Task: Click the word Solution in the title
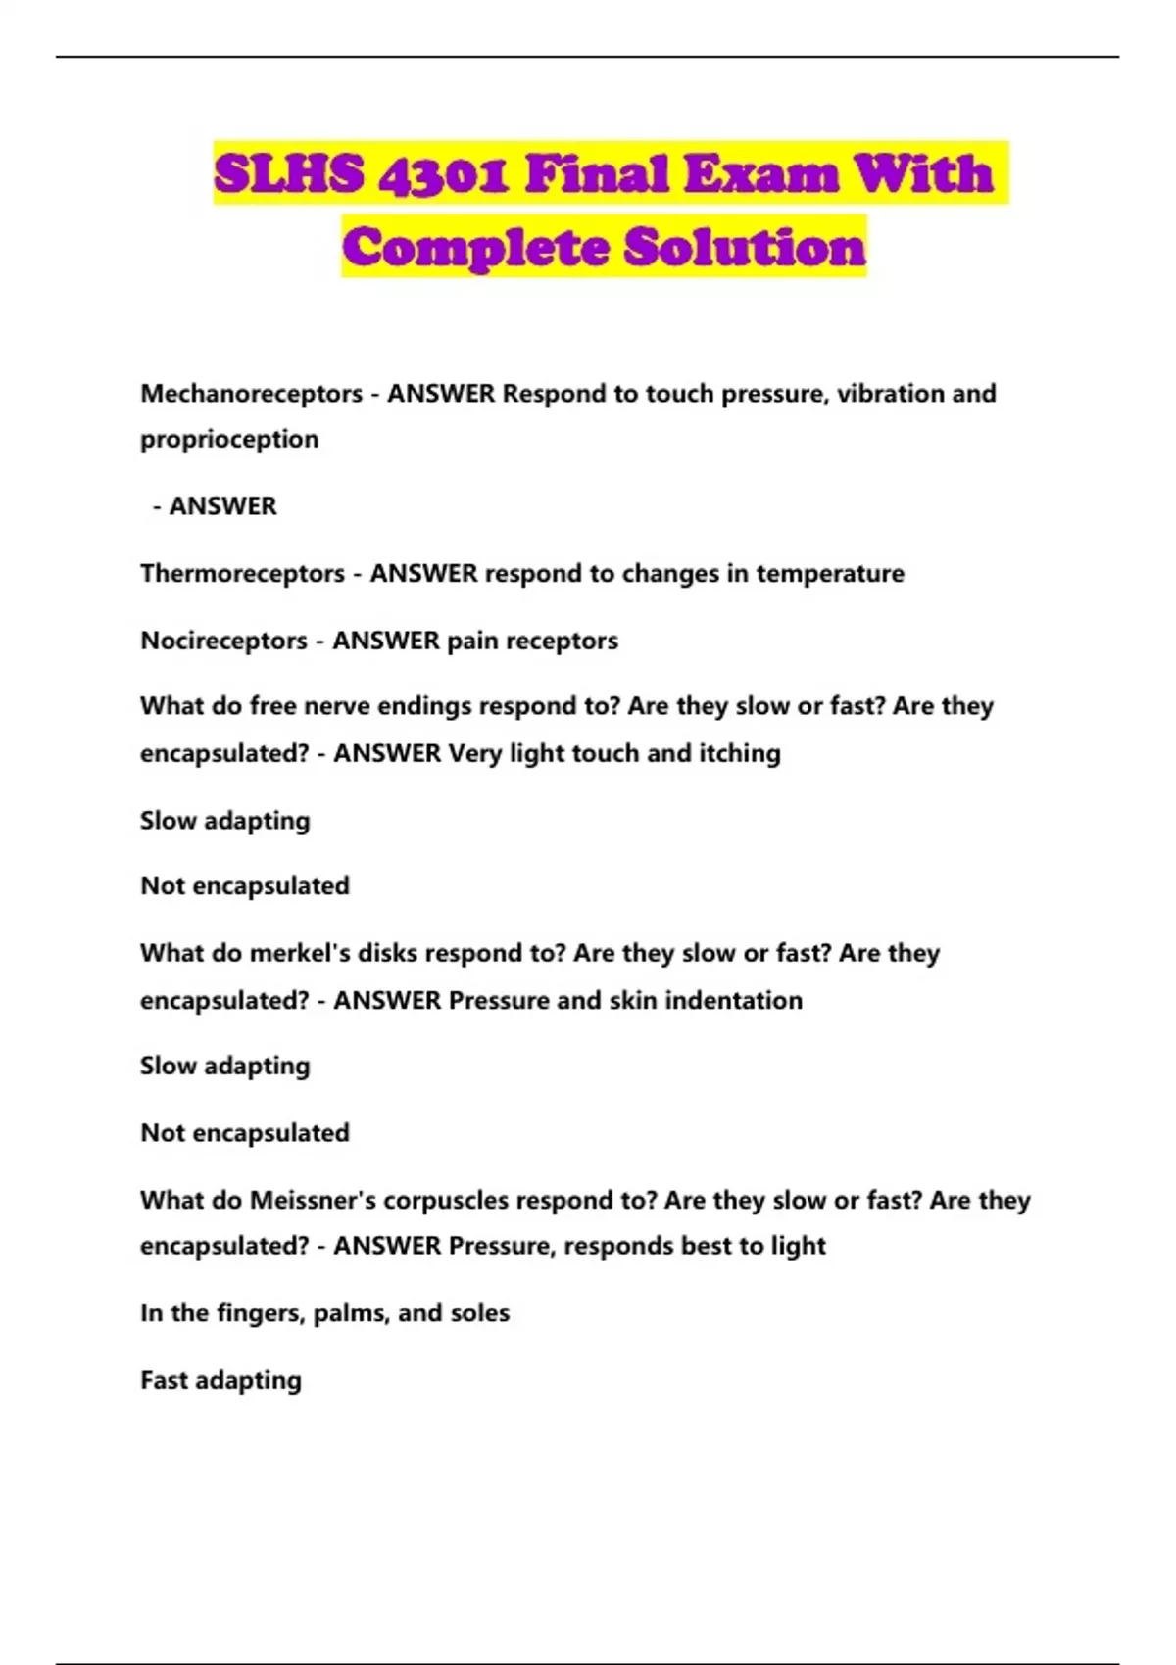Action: tap(745, 247)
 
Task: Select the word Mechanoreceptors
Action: tap(251, 394)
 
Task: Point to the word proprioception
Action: tap(229, 439)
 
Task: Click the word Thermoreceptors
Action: tap(242, 573)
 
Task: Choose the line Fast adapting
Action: tap(220, 1380)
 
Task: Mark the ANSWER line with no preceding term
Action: tap(216, 506)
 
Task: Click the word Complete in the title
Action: tap(477, 247)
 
